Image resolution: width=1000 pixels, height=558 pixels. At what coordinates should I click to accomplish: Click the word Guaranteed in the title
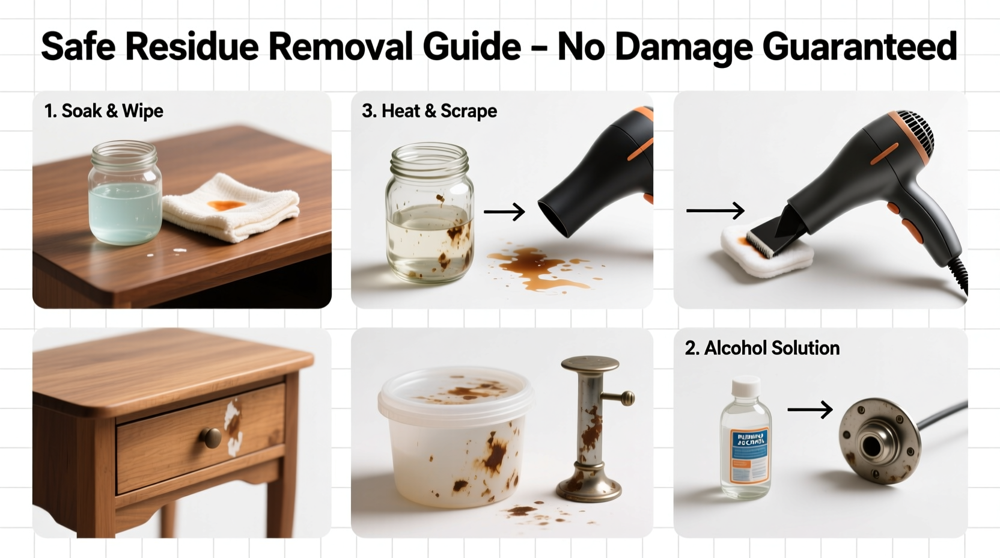coord(859,46)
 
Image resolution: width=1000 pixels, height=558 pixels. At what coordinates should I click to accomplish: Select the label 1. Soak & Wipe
coord(103,111)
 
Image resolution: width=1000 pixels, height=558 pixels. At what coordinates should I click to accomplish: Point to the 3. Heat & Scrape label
coord(429,111)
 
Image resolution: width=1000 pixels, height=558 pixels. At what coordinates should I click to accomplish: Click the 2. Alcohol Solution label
coord(762,348)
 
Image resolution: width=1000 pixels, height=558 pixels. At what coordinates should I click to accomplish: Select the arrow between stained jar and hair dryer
coord(504,212)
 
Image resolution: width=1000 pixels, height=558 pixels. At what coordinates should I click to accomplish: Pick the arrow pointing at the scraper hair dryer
coord(715,210)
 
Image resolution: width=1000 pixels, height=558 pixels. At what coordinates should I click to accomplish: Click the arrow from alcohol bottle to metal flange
coord(809,410)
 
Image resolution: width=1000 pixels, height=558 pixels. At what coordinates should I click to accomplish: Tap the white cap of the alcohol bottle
coord(746,387)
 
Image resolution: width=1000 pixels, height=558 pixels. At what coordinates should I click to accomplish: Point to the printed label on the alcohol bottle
coord(749,455)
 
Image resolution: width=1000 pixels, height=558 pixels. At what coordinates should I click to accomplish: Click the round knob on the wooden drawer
coord(212,438)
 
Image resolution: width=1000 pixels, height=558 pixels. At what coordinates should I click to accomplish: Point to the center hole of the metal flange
coord(870,446)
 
